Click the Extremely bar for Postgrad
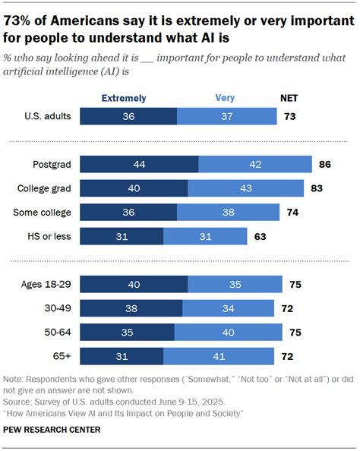tap(139, 165)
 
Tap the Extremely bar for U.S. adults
tap(128, 116)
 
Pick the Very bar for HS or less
tap(206, 237)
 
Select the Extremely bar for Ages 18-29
tap(134, 285)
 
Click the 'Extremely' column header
tap(124, 98)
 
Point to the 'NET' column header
tap(289, 98)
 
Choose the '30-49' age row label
tap(56, 308)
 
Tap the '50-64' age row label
tap(56, 333)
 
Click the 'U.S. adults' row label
tap(47, 116)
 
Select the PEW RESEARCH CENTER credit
tap(52, 430)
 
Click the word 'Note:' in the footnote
tap(16, 379)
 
